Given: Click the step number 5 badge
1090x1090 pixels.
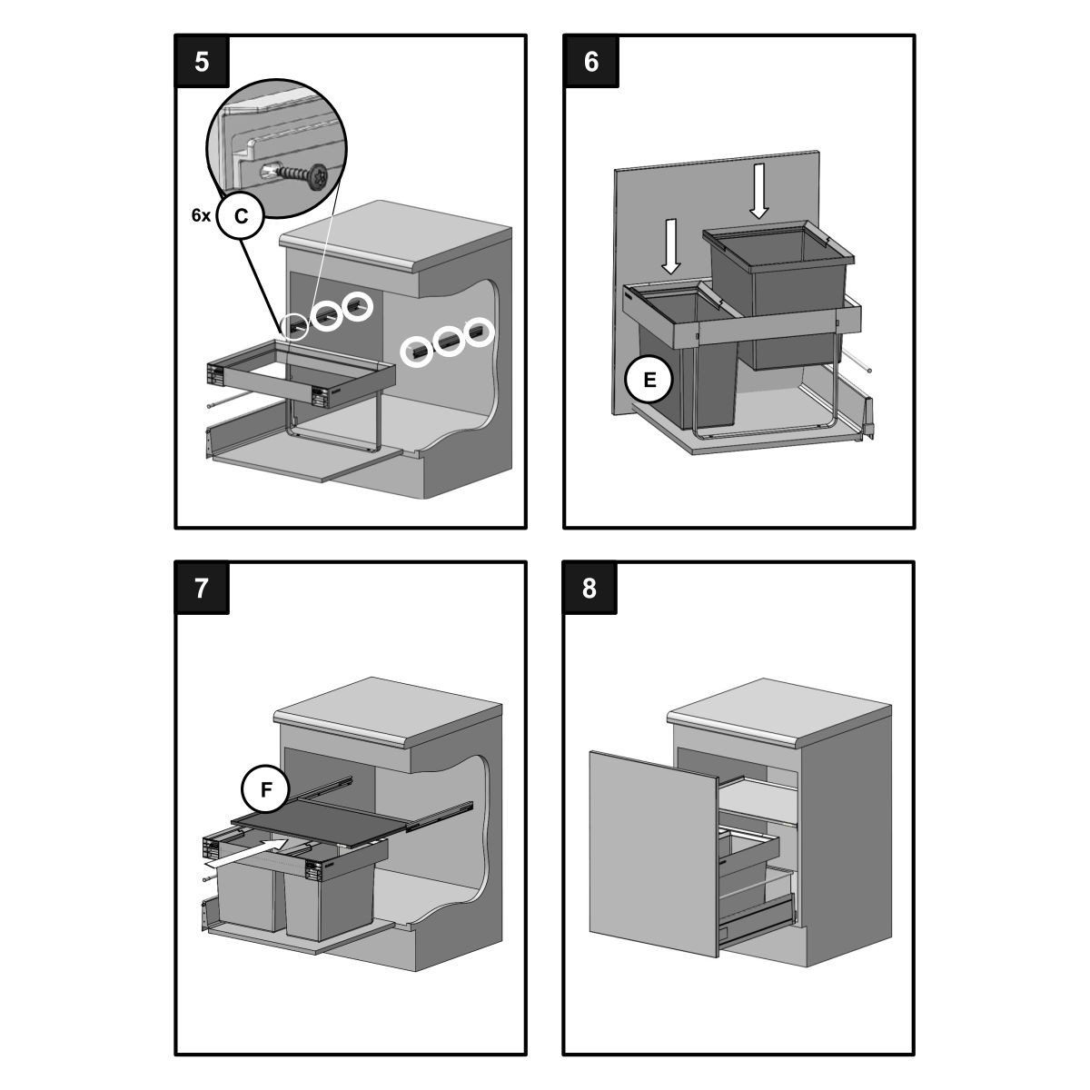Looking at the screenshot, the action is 202,61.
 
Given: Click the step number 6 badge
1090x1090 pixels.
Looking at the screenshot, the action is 591,61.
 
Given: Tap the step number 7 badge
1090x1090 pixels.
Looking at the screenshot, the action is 202,588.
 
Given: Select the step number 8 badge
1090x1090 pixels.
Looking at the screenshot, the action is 590,588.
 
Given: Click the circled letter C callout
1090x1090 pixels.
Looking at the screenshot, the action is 241,215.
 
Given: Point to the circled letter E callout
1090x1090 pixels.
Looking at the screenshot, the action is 649,380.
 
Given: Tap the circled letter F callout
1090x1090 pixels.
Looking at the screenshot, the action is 266,789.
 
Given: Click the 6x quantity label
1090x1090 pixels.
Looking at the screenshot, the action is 201,215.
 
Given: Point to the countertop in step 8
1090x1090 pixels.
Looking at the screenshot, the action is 779,711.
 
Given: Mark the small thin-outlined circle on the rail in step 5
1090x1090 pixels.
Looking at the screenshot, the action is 295,326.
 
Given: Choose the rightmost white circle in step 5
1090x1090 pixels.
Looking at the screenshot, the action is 479,333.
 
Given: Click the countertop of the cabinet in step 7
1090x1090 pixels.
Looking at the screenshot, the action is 388,713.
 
